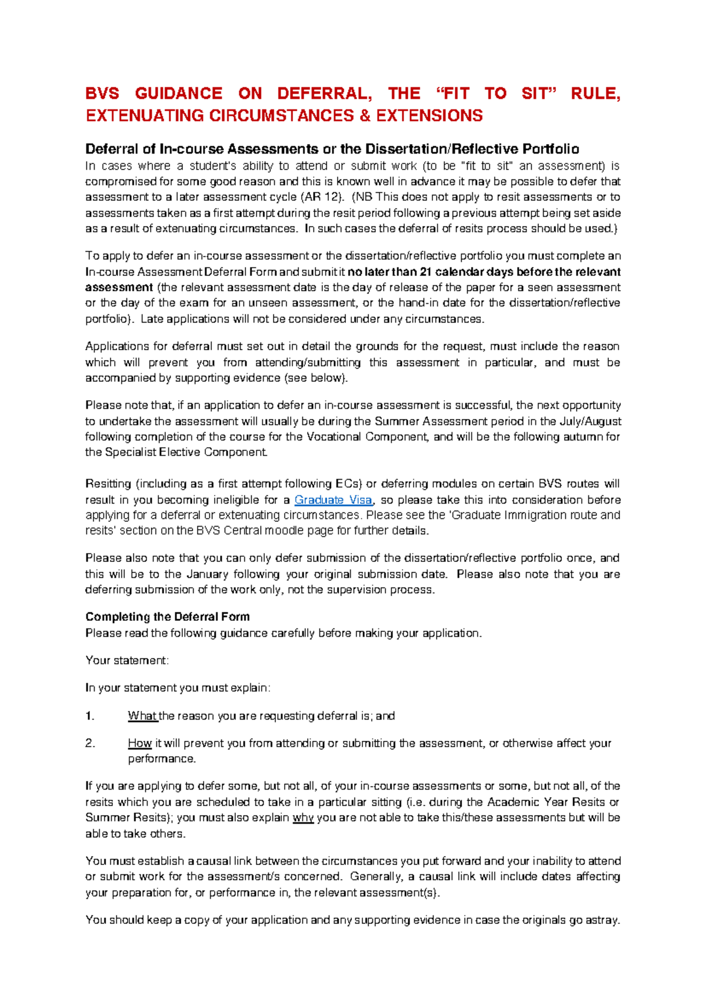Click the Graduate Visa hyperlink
(x=333, y=500)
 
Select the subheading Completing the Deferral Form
(x=168, y=617)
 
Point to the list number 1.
(x=89, y=716)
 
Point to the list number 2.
(x=90, y=743)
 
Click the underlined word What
(x=142, y=716)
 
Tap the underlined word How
(x=139, y=743)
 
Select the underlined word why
(x=303, y=818)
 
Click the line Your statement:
(x=127, y=660)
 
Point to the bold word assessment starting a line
(x=119, y=288)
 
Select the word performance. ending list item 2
(x=161, y=759)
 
